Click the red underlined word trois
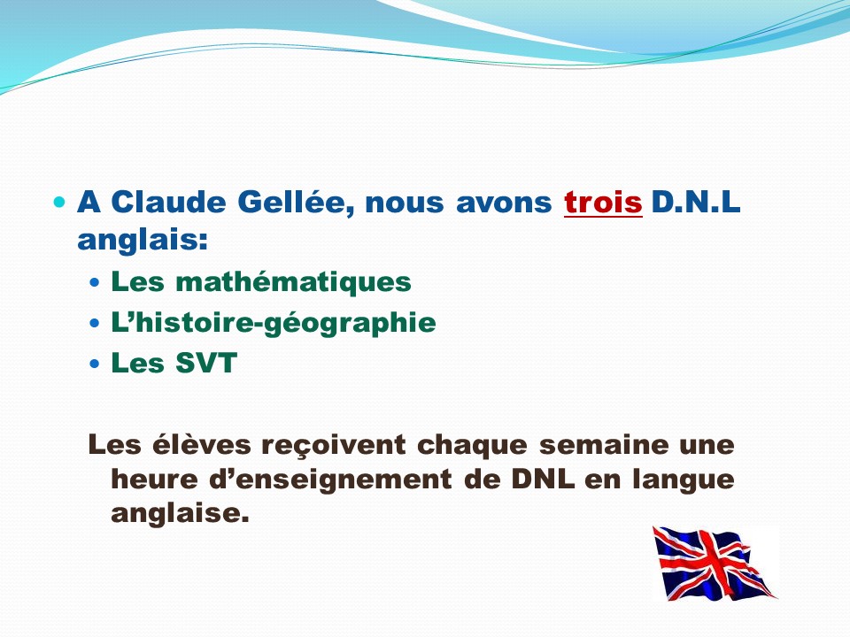point(603,203)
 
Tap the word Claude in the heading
point(168,202)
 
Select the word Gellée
point(296,203)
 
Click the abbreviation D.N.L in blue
point(696,202)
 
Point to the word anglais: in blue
point(143,240)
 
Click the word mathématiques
point(293,281)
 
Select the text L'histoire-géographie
point(274,323)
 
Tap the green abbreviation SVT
point(206,363)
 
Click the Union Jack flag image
point(715,564)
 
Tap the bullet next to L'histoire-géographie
point(95,324)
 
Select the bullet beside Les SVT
point(95,364)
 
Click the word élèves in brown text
point(201,444)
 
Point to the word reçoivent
point(334,445)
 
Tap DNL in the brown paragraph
point(543,479)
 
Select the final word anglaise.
point(180,512)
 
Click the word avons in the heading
point(504,203)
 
